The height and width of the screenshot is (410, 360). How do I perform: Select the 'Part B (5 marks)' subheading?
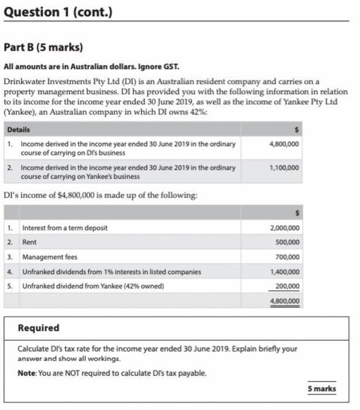(43, 46)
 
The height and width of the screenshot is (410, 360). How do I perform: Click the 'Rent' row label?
(29, 242)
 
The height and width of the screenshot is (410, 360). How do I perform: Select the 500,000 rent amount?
(287, 242)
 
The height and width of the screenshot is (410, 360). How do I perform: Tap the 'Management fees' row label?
(49, 257)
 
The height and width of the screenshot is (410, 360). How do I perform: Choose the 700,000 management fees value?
(287, 257)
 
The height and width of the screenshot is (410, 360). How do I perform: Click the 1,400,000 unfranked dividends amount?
(284, 272)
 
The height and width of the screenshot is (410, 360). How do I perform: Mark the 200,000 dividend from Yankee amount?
(287, 286)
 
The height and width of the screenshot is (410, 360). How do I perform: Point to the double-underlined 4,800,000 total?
(284, 300)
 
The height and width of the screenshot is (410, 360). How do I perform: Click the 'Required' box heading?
(39, 328)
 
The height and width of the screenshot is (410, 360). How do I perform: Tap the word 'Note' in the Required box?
(26, 373)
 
